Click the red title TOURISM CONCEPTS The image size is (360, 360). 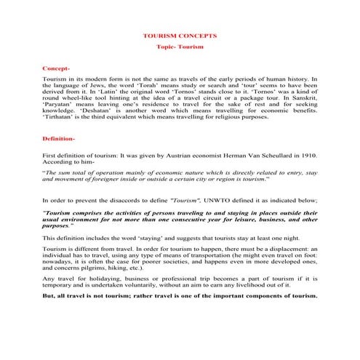pos(180,34)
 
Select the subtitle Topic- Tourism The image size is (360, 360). pos(180,47)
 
